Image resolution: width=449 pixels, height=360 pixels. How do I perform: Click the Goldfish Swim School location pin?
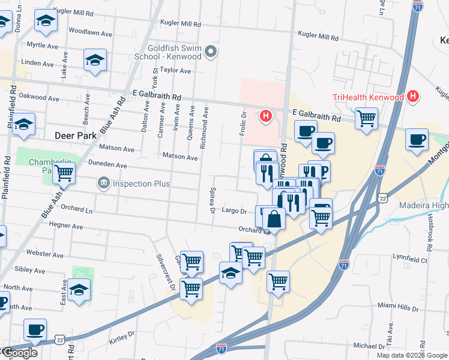pyautogui.click(x=210, y=53)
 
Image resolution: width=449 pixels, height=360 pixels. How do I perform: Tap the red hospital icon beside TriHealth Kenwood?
pyautogui.click(x=412, y=96)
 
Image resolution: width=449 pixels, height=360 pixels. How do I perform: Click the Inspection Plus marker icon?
pyautogui.click(x=103, y=182)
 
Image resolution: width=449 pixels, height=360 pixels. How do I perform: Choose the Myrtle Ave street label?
pyautogui.click(x=43, y=46)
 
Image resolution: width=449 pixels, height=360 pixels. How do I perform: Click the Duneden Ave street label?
pyautogui.click(x=107, y=165)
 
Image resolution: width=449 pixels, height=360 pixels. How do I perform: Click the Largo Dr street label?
pyautogui.click(x=235, y=211)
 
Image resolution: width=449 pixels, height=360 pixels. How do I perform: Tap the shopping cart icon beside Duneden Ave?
pyautogui.click(x=63, y=173)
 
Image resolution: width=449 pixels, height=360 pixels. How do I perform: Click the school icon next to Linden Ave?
pyautogui.click(x=95, y=60)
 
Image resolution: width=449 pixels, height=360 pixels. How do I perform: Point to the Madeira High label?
pyautogui.click(x=424, y=206)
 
